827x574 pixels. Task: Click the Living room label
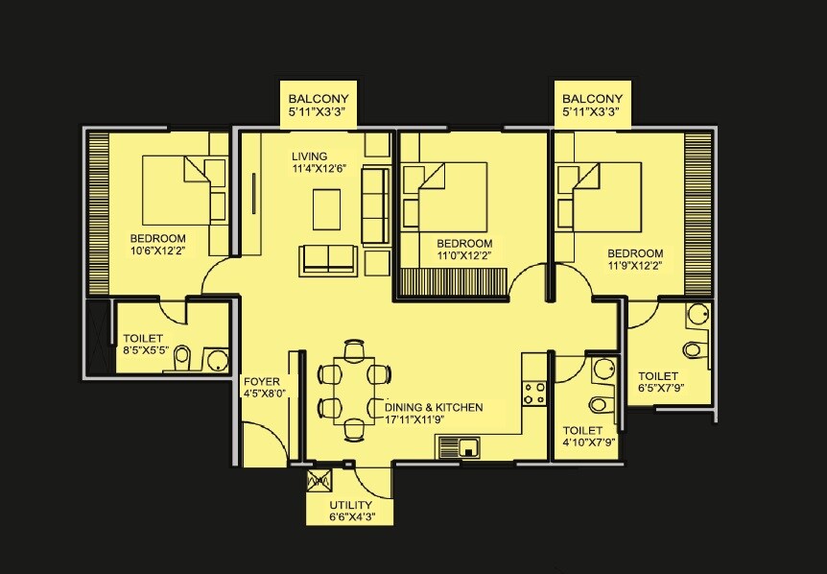(x=310, y=156)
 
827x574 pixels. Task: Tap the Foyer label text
(x=262, y=381)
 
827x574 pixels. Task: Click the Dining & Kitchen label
(x=434, y=408)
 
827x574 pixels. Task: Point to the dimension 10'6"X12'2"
(x=159, y=251)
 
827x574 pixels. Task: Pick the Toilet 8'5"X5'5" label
(x=143, y=339)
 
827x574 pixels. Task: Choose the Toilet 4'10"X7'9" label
(x=582, y=431)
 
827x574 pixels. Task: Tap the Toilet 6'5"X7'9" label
(x=658, y=376)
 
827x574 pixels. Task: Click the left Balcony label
(x=319, y=99)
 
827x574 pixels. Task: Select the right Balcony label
(x=592, y=99)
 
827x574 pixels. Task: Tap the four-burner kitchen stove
(x=535, y=393)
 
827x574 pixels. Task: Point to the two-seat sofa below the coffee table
(x=327, y=258)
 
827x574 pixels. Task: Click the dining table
(x=354, y=391)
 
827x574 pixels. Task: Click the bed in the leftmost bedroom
(x=183, y=189)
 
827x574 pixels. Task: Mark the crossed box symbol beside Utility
(x=319, y=482)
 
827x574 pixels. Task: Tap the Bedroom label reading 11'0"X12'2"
(x=463, y=244)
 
